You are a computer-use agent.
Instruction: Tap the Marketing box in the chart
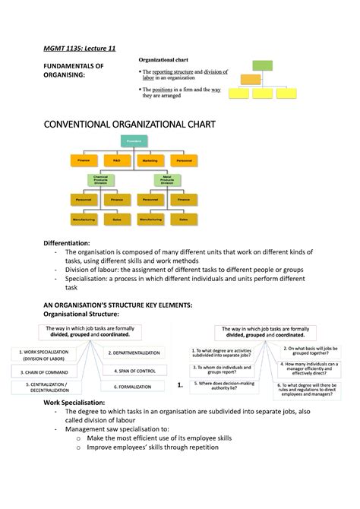click(150, 160)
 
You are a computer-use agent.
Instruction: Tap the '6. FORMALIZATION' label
click(132, 387)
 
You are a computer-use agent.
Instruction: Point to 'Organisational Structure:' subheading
click(81, 314)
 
